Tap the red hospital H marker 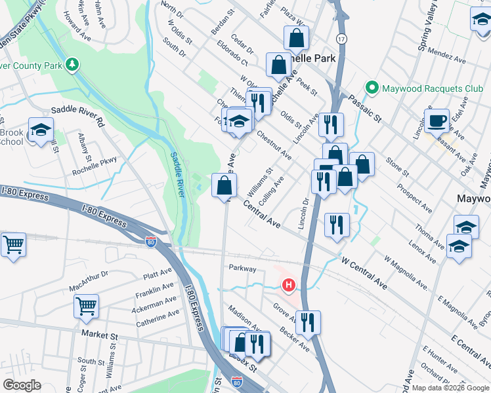click(288, 285)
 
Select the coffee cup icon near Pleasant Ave click(437, 121)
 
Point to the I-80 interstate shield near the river click(151, 242)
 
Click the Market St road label click(99, 335)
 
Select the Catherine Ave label click(158, 319)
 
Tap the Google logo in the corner click(22, 385)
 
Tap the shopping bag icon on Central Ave click(224, 185)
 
